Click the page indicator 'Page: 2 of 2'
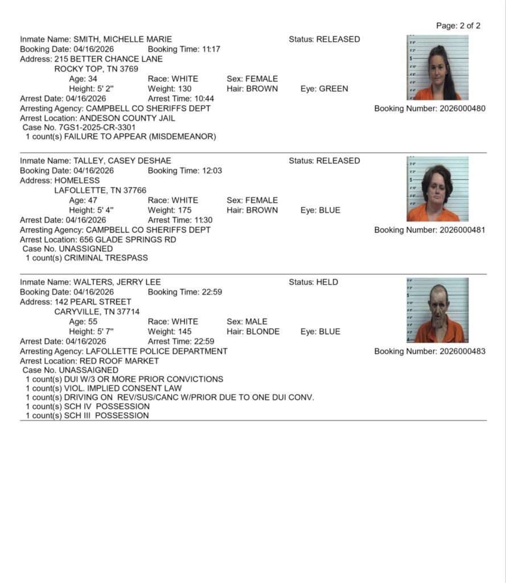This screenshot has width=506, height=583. click(458, 26)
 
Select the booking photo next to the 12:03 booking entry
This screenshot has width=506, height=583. click(437, 189)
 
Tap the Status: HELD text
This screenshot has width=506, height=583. click(313, 282)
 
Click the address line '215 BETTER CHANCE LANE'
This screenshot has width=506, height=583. click(108, 59)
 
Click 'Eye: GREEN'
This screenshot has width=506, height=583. click(324, 89)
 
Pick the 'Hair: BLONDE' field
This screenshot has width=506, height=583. click(253, 332)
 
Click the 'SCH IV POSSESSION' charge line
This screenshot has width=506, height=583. click(88, 407)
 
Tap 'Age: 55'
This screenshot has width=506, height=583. click(83, 322)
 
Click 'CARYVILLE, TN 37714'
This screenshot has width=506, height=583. click(97, 312)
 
